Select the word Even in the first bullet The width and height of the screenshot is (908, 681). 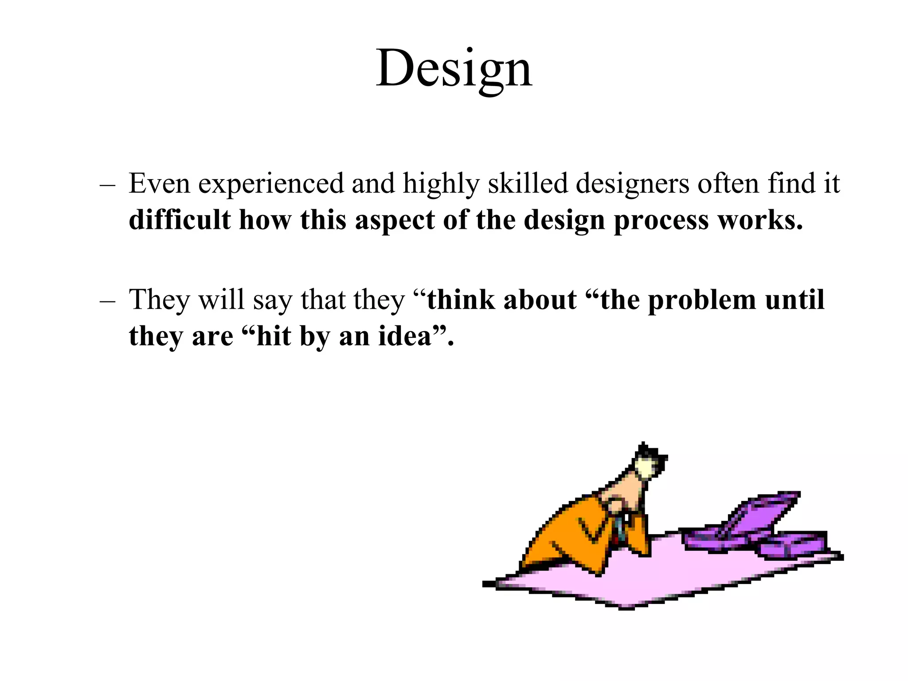[x=159, y=183]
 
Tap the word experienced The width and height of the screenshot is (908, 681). [x=271, y=184]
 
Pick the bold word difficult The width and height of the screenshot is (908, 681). [x=180, y=220]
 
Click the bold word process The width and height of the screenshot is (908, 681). [x=661, y=221]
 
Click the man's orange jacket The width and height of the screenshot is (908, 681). [x=567, y=532]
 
